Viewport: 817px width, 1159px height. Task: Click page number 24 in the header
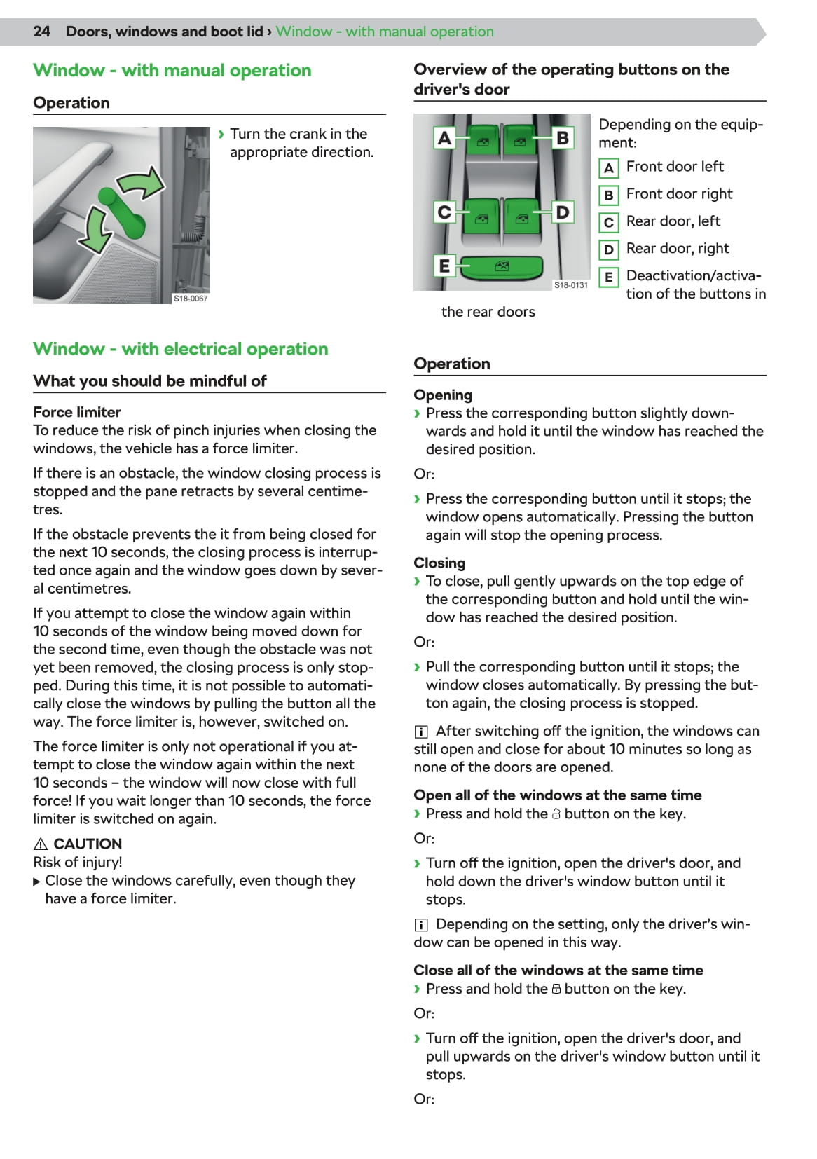pyautogui.click(x=41, y=32)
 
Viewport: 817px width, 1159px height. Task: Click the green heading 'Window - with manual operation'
pyautogui.click(x=172, y=71)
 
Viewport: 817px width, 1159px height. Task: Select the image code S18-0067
pyautogui.click(x=191, y=299)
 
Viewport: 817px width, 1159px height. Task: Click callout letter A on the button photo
pyautogui.click(x=444, y=137)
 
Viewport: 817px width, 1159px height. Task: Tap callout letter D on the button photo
pyautogui.click(x=562, y=211)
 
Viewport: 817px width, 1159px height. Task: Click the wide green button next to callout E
pyautogui.click(x=502, y=267)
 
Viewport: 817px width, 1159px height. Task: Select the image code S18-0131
pyautogui.click(x=571, y=285)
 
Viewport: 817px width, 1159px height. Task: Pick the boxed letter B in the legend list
pyautogui.click(x=608, y=195)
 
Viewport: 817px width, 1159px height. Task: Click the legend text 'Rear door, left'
pyautogui.click(x=673, y=221)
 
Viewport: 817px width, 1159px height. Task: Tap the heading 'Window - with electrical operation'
pyautogui.click(x=180, y=349)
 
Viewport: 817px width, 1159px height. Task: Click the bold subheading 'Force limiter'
pyautogui.click(x=77, y=412)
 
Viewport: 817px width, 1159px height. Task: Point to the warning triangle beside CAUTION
pyautogui.click(x=41, y=844)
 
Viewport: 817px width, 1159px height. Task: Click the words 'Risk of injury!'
pyautogui.click(x=78, y=862)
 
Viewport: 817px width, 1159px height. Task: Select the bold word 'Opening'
pyautogui.click(x=443, y=395)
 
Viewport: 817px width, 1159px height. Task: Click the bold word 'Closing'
pyautogui.click(x=439, y=563)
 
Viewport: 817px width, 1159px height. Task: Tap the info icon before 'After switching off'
pyautogui.click(x=421, y=732)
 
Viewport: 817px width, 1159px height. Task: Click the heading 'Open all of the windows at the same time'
pyautogui.click(x=557, y=795)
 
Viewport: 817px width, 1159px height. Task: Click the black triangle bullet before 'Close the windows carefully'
pyautogui.click(x=37, y=881)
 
